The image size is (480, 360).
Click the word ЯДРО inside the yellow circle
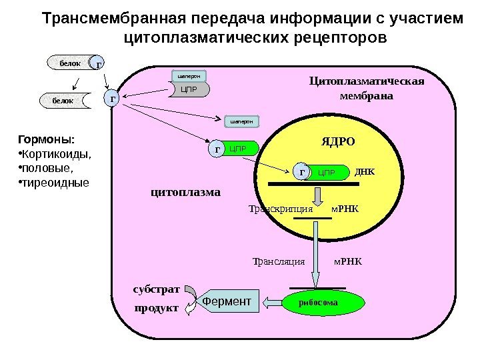point(338,142)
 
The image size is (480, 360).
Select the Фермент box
point(228,302)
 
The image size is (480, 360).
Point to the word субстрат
point(157,290)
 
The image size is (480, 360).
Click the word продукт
point(157,309)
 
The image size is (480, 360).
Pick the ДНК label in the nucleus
point(365,171)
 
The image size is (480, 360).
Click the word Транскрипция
point(281,208)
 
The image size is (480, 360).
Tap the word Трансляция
point(279,261)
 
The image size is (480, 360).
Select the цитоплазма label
point(186,192)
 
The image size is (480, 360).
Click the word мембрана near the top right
point(367,95)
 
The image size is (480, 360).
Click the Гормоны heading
point(46,140)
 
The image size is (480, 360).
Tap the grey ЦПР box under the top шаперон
point(190,89)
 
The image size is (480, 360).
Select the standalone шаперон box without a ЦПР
point(241,121)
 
